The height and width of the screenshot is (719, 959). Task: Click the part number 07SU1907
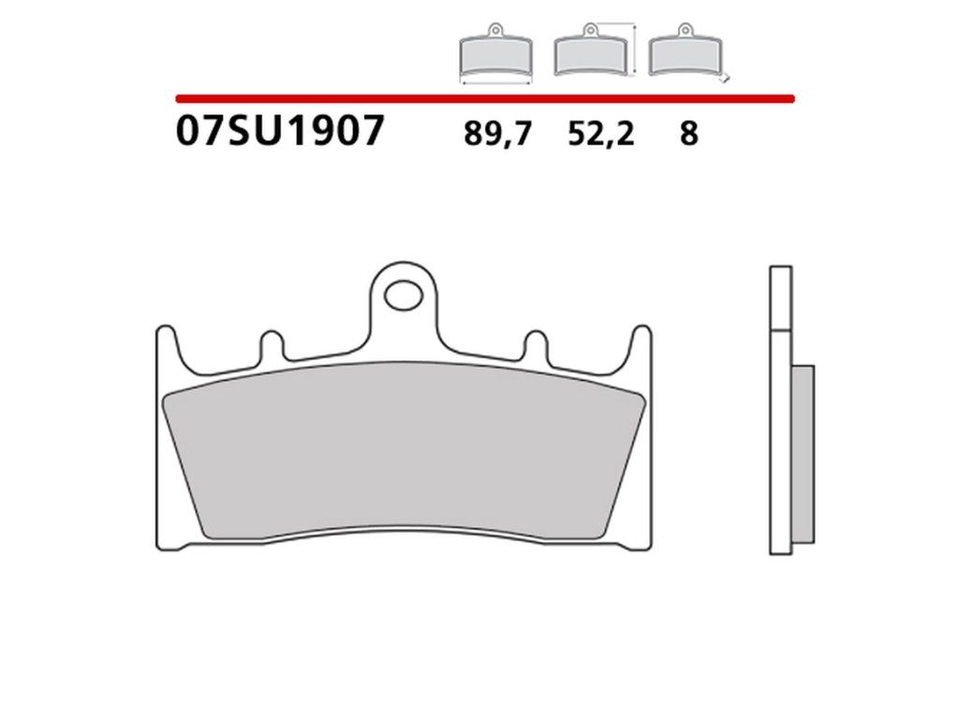[x=279, y=130]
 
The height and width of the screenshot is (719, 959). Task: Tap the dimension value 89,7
[x=498, y=133]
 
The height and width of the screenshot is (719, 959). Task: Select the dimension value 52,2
[x=601, y=133]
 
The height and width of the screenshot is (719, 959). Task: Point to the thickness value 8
[x=688, y=133]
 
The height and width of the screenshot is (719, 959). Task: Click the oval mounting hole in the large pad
[x=404, y=295]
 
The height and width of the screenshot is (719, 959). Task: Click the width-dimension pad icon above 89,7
[x=495, y=52]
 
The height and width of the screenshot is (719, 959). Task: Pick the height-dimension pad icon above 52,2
[x=590, y=51]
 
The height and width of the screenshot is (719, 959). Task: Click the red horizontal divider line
[x=485, y=98]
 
